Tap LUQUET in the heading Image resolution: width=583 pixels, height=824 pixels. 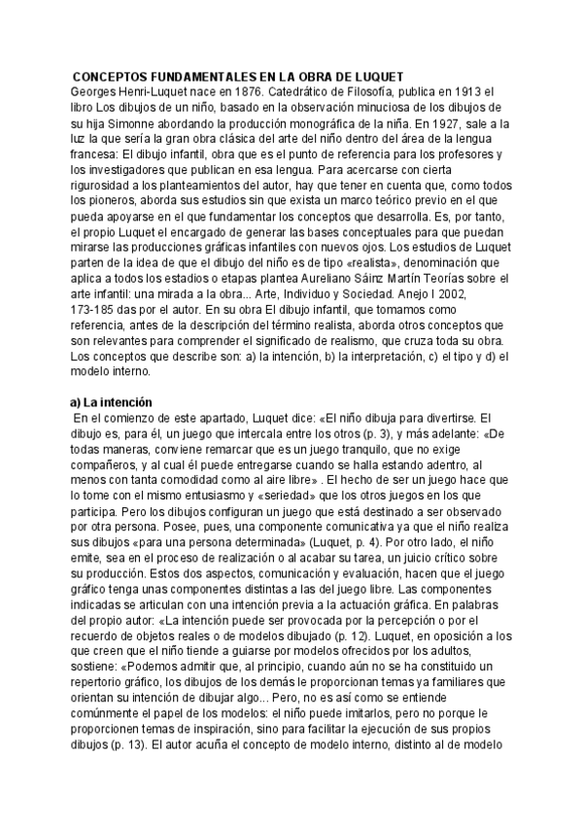375,77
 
